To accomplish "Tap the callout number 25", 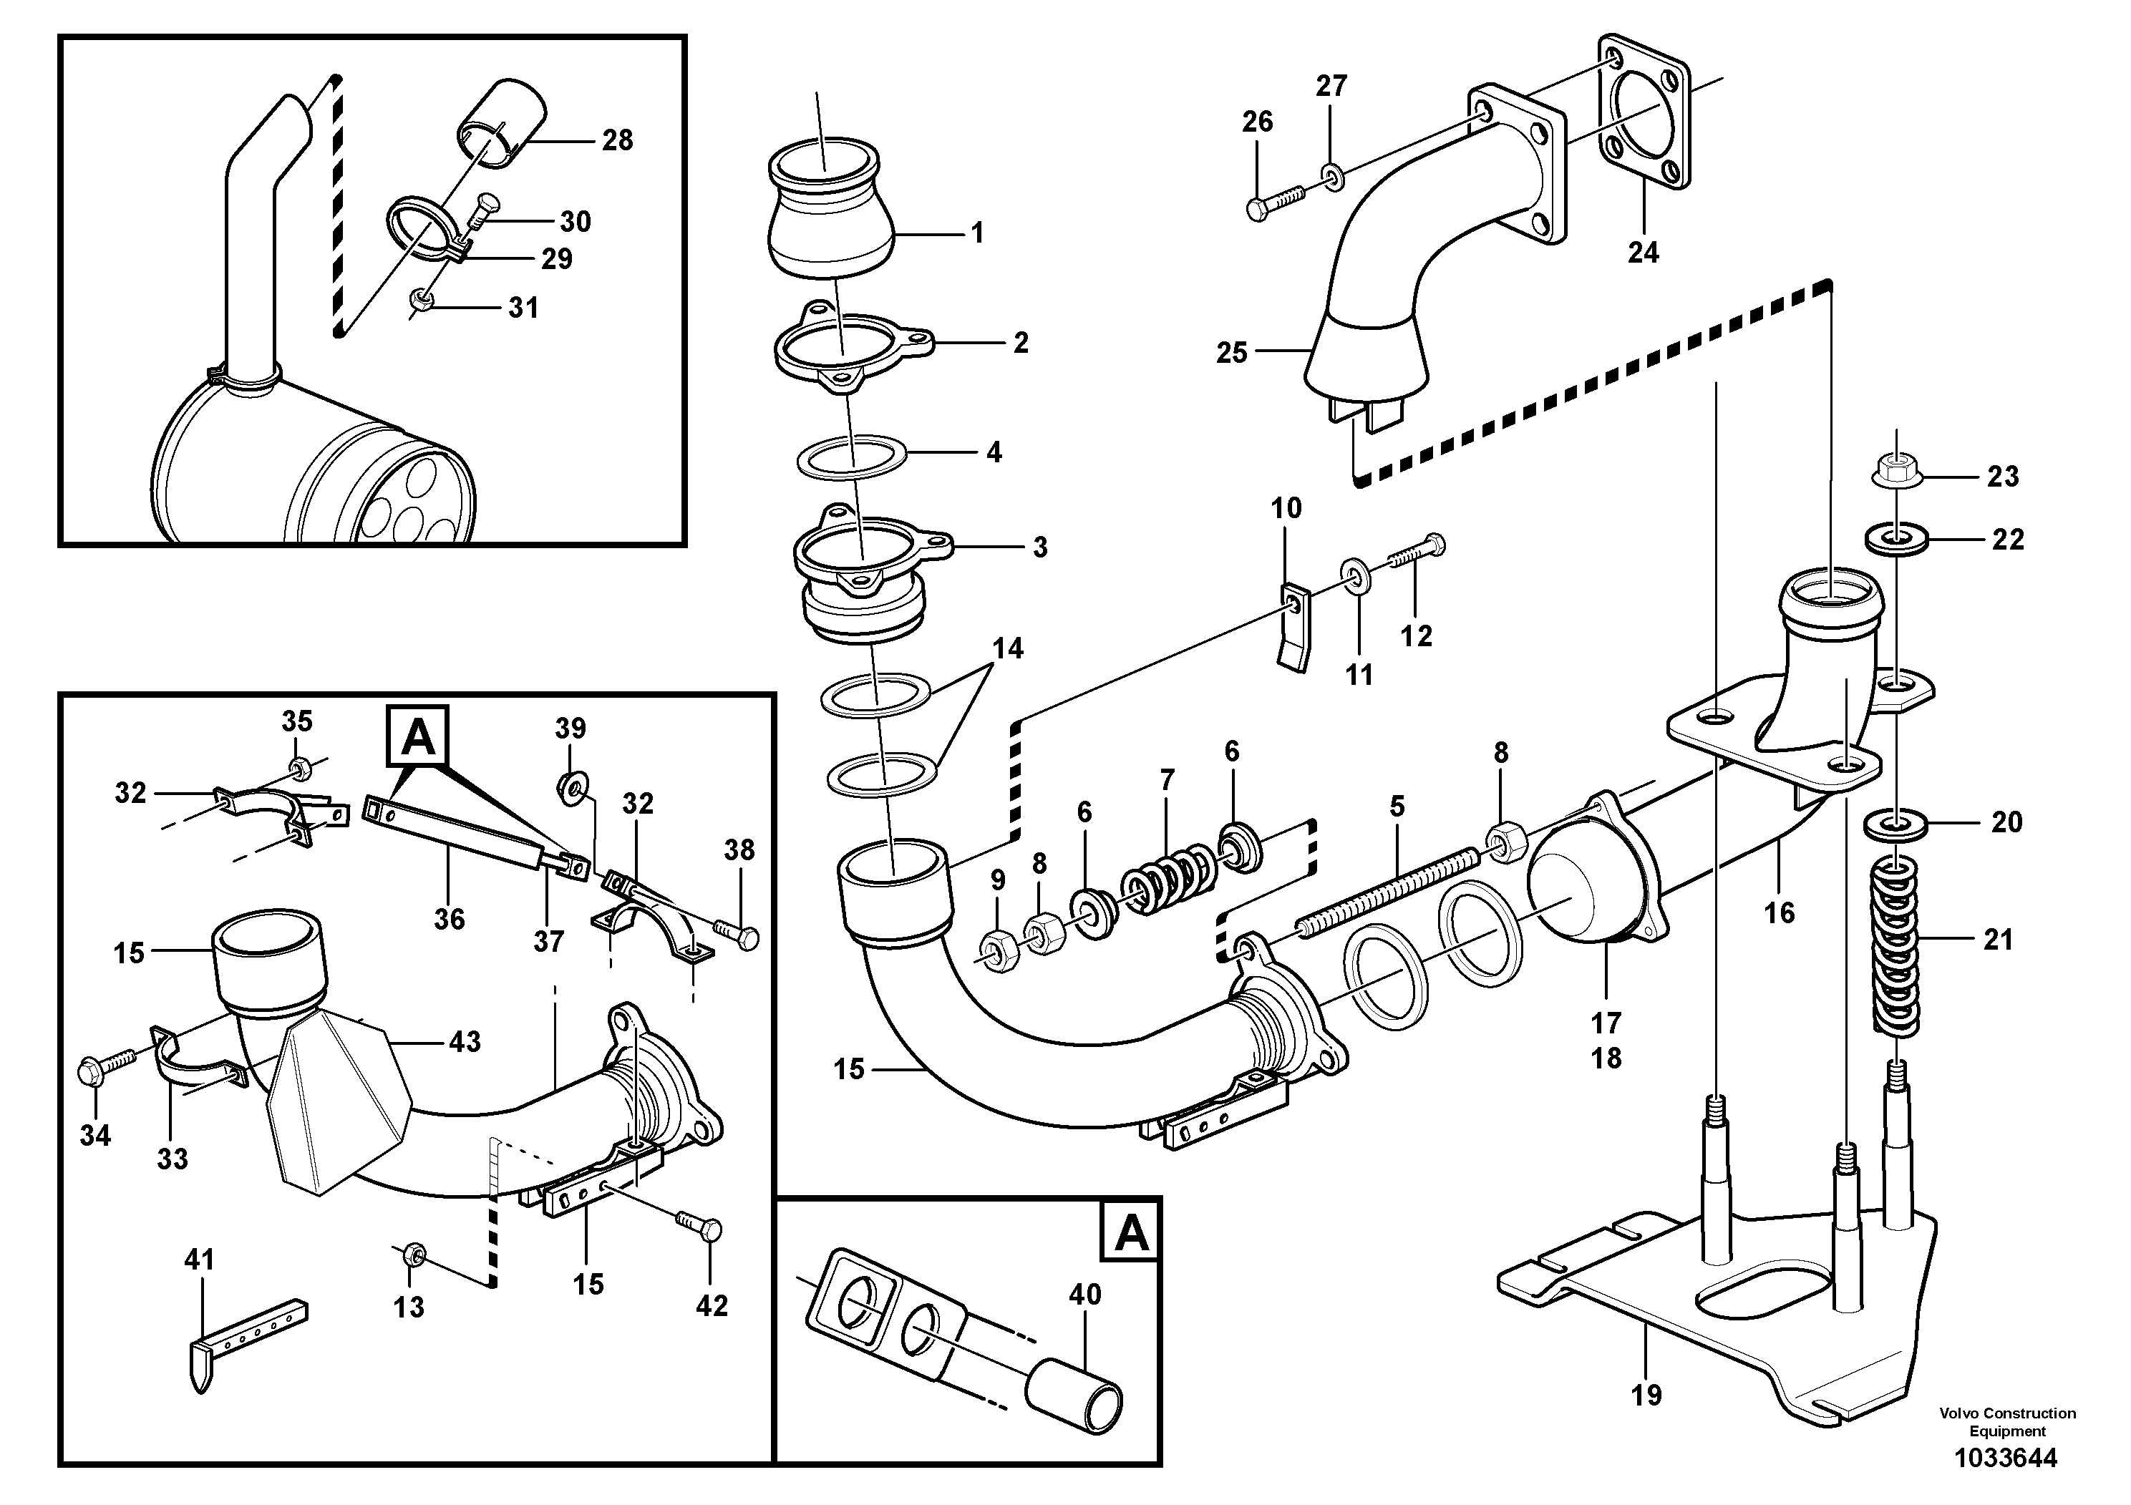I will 1232,353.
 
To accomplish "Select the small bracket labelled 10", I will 1296,625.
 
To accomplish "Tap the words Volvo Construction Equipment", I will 2006,1421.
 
